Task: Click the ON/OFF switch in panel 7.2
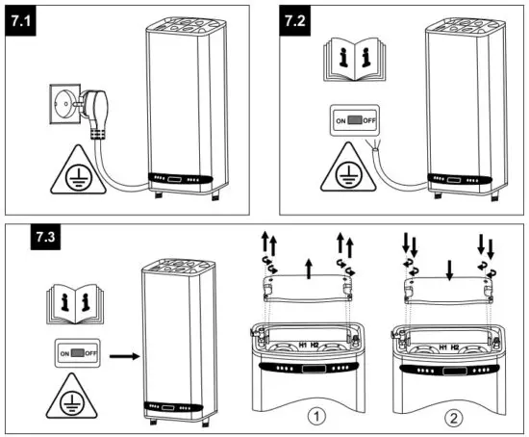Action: click(355, 121)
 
